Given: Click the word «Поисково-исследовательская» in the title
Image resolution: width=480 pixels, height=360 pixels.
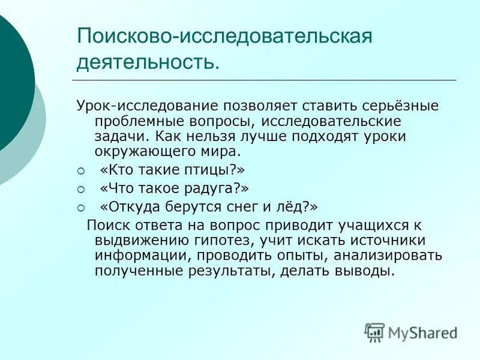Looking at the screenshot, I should click(x=225, y=37).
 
